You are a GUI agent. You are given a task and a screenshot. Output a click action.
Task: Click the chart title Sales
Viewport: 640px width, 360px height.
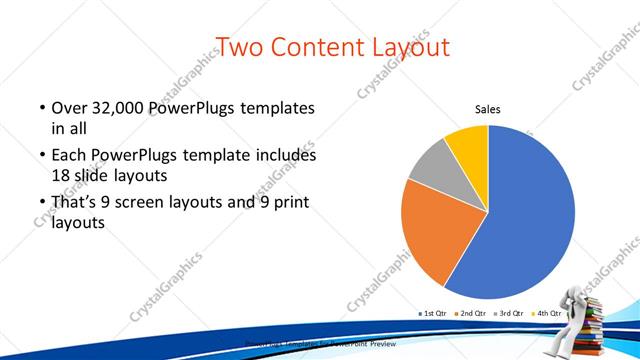[487, 110]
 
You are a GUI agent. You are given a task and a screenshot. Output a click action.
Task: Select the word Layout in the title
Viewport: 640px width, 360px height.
[413, 46]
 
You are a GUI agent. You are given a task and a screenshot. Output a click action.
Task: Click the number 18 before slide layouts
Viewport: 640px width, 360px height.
[60, 175]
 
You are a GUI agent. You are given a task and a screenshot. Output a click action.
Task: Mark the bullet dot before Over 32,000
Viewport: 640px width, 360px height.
[42, 108]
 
